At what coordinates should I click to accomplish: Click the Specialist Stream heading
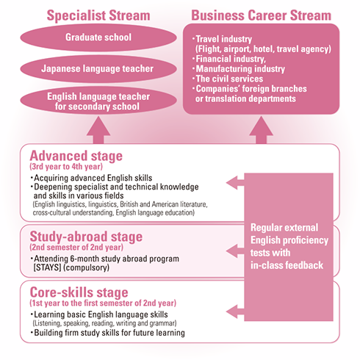tap(98, 15)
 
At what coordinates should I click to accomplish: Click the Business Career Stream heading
tap(261, 15)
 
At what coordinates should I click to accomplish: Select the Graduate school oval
tap(98, 37)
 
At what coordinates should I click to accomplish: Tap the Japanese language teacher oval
tap(98, 69)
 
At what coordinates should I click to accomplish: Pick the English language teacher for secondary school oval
tap(98, 101)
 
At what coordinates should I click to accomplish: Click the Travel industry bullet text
tap(223, 39)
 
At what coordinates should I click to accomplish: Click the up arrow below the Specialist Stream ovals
tap(98, 130)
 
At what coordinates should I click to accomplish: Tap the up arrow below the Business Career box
tap(261, 130)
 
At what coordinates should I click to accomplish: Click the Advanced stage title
tap(76, 156)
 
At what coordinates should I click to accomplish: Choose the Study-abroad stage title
tap(86, 237)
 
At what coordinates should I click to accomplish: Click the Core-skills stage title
tap(79, 292)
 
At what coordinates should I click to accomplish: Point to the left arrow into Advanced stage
tap(235, 183)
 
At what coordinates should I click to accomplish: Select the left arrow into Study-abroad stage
tap(235, 251)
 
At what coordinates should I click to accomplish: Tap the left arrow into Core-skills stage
tap(235, 312)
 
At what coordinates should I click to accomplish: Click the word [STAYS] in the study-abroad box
tap(47, 267)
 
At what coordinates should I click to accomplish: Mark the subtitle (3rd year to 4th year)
tap(66, 167)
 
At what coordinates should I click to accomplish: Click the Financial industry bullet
tap(230, 59)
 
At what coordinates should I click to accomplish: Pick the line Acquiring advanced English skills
tap(91, 178)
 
